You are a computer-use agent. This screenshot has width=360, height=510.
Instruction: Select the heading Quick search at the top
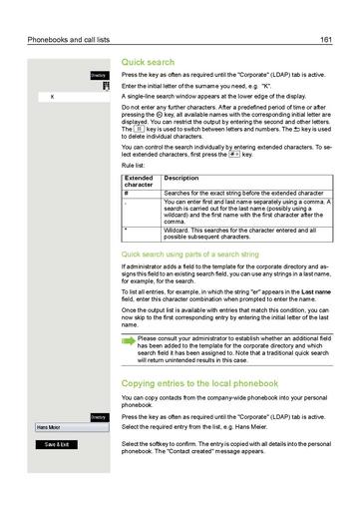click(147, 61)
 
